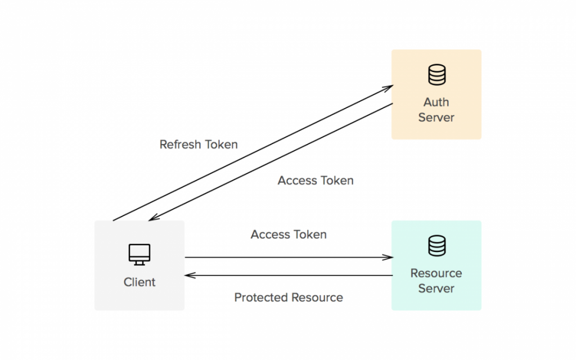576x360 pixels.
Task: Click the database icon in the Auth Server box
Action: (436, 75)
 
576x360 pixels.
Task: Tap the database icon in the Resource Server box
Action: (436, 246)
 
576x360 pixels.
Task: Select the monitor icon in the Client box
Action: (139, 255)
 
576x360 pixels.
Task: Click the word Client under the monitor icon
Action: (139, 282)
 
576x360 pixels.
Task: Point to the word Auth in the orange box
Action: (436, 102)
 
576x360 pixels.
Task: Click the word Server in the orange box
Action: (436, 118)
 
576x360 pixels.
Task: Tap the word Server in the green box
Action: (436, 289)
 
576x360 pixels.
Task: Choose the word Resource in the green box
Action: (436, 273)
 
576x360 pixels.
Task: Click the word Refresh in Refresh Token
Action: (180, 145)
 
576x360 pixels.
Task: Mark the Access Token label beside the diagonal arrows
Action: (316, 181)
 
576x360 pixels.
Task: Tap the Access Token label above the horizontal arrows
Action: (289, 235)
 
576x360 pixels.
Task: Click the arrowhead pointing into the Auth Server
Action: (388, 87)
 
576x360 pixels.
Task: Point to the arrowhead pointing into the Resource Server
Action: (388, 258)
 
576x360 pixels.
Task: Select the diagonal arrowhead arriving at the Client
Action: (153, 218)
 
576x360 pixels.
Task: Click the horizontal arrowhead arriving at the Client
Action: (190, 276)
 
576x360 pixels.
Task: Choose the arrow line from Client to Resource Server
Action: (287, 258)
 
